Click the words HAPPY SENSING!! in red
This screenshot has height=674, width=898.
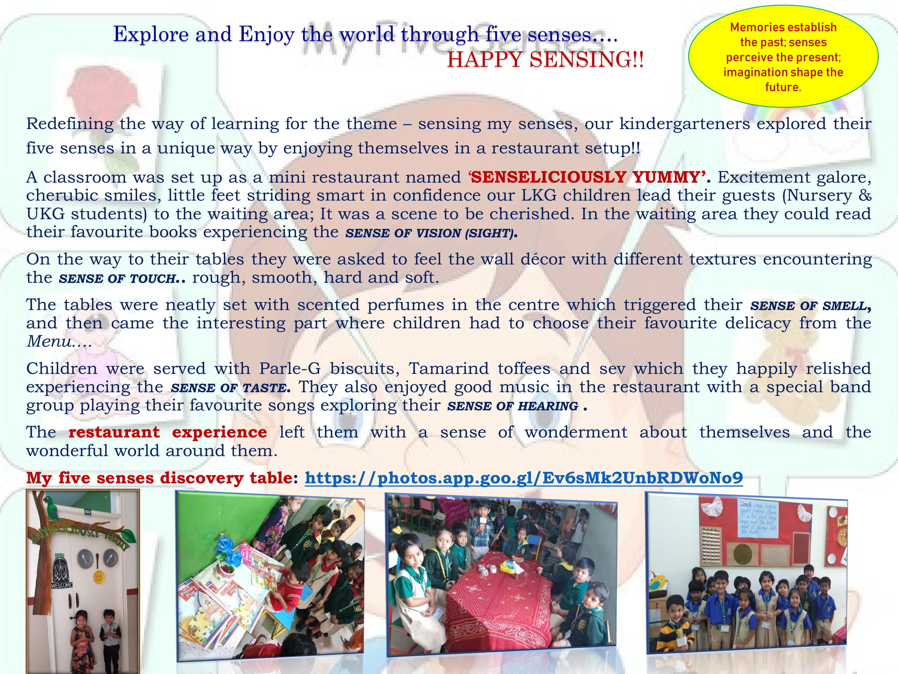545,60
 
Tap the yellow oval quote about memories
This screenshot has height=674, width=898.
783,56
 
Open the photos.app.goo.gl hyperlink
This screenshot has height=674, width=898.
524,478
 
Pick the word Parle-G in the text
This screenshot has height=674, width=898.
290,368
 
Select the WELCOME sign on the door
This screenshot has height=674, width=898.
62,585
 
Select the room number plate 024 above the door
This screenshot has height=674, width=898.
88,512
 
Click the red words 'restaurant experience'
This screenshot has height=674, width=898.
168,432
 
